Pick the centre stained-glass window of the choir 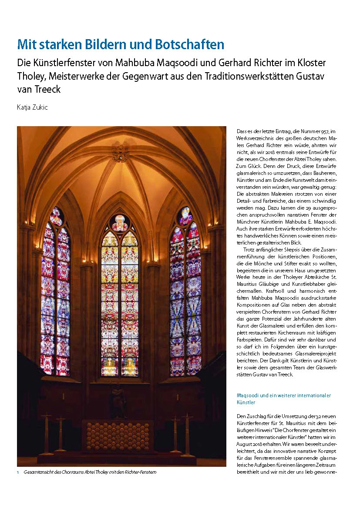[119, 300]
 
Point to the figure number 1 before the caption [18, 472]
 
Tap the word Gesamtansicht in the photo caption [40, 472]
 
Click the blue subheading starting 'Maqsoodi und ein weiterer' [283, 399]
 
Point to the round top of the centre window [119, 223]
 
